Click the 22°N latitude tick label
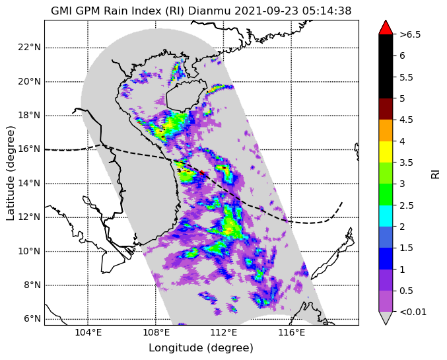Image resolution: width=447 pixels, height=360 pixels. (29, 47)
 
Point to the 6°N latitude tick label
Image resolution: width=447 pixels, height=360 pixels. (32, 318)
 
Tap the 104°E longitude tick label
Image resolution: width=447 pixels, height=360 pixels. (88, 333)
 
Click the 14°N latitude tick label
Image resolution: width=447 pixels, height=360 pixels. (29, 183)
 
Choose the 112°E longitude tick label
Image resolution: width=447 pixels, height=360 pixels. (223, 333)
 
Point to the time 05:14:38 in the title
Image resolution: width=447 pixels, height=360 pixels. (325, 11)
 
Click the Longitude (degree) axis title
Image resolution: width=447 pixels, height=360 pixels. (201, 348)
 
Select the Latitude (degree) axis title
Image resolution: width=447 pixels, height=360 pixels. (11, 173)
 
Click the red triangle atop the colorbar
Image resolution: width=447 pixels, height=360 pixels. (386, 27)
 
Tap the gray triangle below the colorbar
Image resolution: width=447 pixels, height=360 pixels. (386, 318)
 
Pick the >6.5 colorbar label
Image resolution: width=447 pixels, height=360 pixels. (410, 34)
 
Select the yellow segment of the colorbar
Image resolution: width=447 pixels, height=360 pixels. (386, 152)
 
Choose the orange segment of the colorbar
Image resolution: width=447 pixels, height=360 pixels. (386, 130)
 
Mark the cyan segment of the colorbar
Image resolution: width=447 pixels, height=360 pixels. (386, 216)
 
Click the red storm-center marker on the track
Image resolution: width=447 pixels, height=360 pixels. (202, 172)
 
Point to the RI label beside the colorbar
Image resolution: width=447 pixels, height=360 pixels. (435, 173)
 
